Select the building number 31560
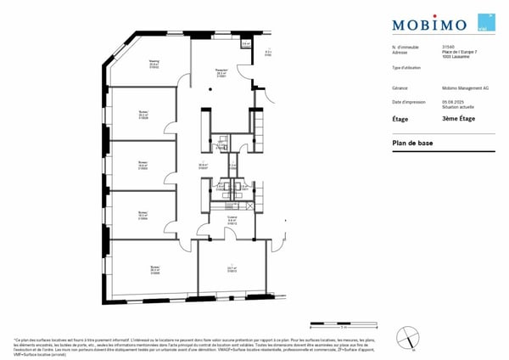point(448,48)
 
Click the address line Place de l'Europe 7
point(458,53)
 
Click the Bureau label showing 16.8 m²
point(143,165)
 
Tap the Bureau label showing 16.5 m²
point(143,217)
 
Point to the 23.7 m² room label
point(232,269)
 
